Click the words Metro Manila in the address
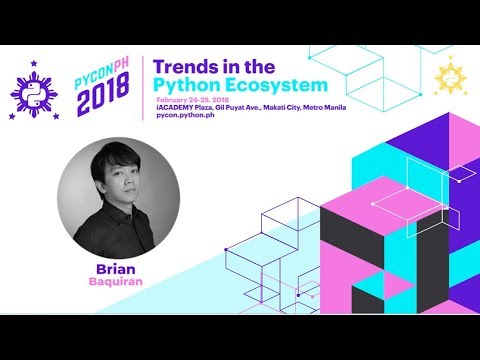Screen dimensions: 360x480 pos(319,110)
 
